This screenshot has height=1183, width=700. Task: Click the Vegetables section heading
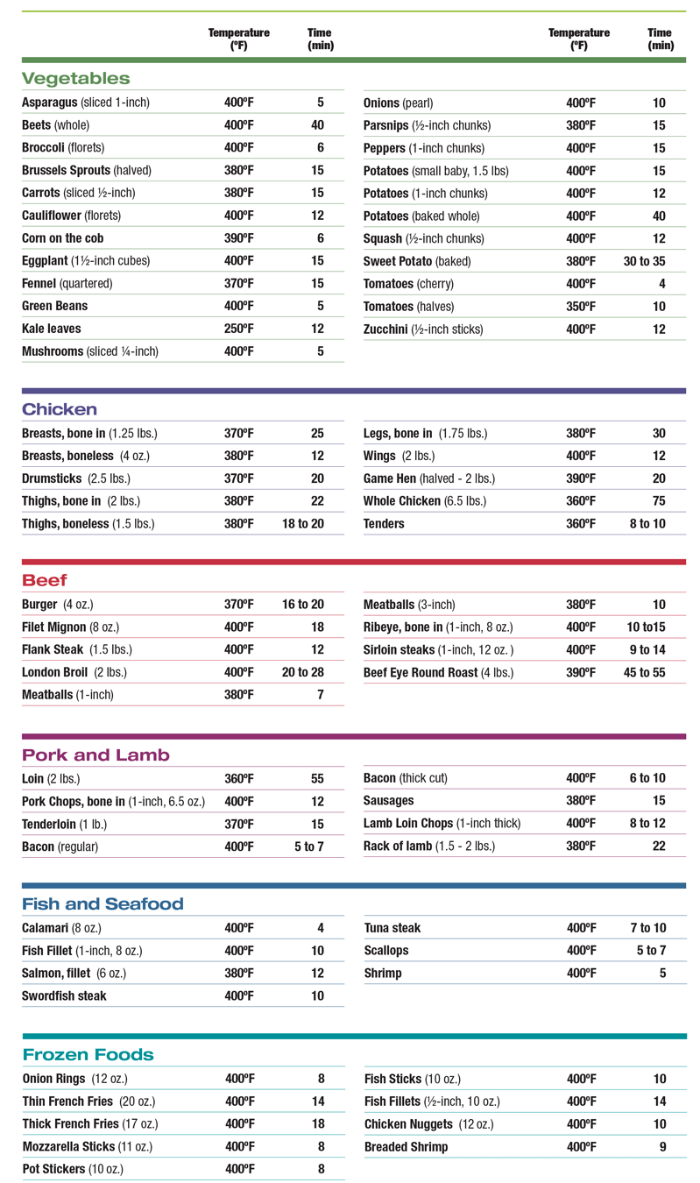(x=75, y=79)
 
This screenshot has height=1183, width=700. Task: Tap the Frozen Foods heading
(x=88, y=1054)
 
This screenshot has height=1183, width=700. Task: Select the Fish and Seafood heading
(x=103, y=903)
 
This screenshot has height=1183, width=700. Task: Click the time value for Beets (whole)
(x=317, y=125)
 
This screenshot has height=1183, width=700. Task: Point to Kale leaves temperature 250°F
(x=239, y=329)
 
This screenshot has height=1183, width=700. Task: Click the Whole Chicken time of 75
(x=659, y=501)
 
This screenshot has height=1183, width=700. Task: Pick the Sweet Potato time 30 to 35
(x=644, y=261)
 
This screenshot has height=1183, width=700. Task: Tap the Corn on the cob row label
(x=63, y=238)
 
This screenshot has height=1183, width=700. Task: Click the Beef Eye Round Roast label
(x=438, y=673)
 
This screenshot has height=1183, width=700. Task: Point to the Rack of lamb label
(x=429, y=846)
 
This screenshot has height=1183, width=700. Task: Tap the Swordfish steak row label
(x=64, y=995)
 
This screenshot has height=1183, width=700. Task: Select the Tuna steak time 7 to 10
(x=647, y=928)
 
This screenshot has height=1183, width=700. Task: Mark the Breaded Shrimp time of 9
(x=662, y=1146)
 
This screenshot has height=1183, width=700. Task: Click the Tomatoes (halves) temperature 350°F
(x=581, y=307)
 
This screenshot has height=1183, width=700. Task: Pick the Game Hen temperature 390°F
(x=581, y=478)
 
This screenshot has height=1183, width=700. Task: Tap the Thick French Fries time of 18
(x=318, y=1123)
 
